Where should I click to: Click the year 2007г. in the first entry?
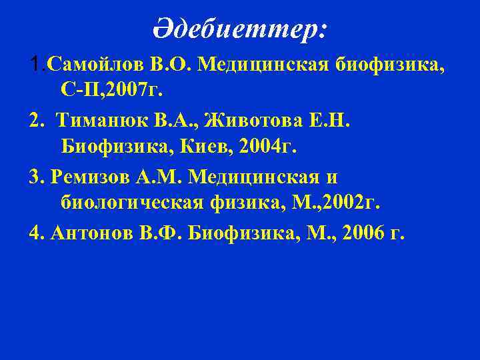coord(148,89)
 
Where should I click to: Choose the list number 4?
coord(35,234)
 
